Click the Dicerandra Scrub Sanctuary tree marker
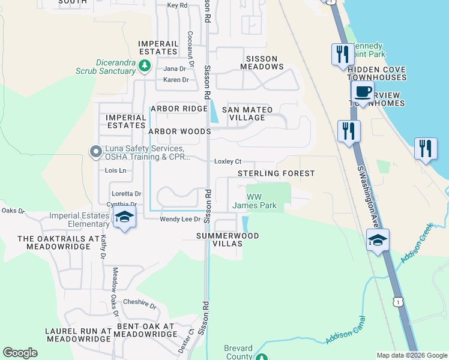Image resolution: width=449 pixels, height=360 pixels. point(144,65)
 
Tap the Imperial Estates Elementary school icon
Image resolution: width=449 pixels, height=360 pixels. point(124,217)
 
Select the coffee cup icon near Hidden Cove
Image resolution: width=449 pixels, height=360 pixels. point(363,92)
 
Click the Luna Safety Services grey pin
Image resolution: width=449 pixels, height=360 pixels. point(95,152)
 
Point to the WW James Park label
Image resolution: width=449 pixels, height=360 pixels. point(254,201)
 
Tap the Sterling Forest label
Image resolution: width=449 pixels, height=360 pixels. point(276,173)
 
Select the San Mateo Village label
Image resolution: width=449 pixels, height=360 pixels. point(247,113)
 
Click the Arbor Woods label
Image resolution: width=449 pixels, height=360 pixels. point(179,131)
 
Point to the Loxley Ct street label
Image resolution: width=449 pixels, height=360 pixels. point(228,161)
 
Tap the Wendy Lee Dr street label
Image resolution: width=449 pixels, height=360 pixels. point(179,220)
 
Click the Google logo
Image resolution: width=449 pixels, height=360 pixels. point(20,353)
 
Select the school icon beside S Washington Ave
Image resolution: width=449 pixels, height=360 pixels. point(378,241)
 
